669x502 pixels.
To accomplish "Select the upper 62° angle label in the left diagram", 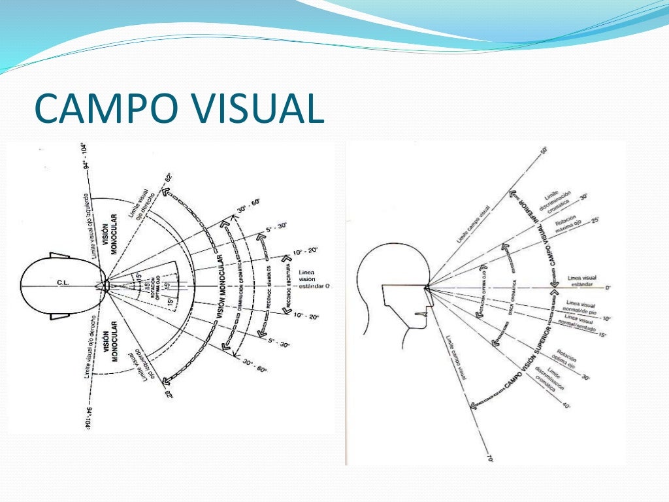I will [x=168, y=178].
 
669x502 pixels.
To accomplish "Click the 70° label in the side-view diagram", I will [x=489, y=460].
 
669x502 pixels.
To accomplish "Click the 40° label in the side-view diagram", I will [x=566, y=406].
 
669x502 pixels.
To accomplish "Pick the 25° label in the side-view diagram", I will [x=595, y=222].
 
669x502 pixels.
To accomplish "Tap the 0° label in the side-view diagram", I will [x=607, y=288].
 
